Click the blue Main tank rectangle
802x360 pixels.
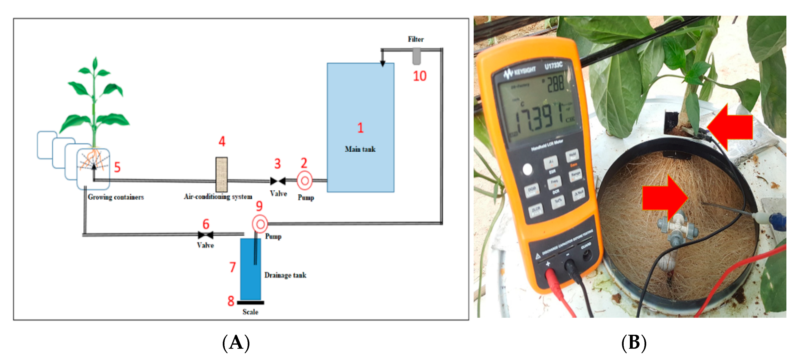360,103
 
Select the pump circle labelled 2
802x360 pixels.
304,181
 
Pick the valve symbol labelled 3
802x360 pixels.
278,181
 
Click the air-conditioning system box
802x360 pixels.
221,174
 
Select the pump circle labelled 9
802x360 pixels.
260,224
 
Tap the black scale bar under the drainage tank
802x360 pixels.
250,302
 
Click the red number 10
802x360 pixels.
419,76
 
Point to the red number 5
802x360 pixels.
117,167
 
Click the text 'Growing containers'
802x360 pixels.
115,197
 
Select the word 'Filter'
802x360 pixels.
416,39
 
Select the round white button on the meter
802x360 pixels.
527,169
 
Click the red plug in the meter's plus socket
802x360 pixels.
550,276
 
